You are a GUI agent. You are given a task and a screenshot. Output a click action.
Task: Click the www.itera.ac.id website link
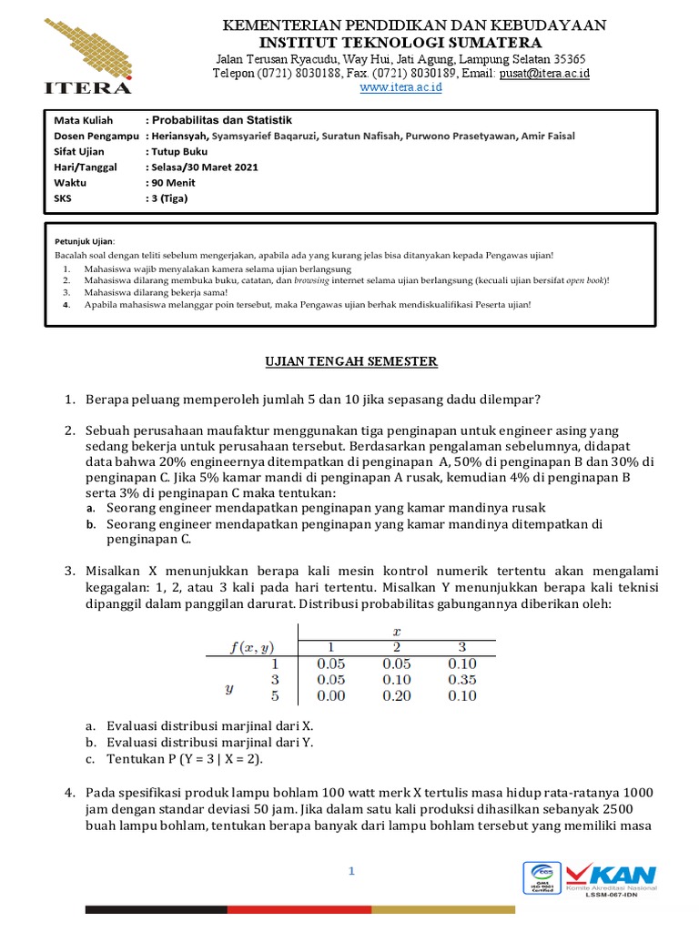(400, 87)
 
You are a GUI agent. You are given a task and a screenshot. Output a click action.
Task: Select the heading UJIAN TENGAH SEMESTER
(349, 361)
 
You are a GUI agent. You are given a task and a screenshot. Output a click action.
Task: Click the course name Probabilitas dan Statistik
(222, 119)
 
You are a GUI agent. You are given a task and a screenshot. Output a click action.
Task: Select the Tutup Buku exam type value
(180, 151)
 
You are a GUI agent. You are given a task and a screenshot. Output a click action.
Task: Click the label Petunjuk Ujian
(85, 240)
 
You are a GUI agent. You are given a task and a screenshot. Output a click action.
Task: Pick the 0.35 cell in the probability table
(463, 680)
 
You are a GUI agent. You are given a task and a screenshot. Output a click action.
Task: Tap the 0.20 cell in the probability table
(397, 696)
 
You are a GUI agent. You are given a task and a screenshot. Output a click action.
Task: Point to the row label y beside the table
(229, 689)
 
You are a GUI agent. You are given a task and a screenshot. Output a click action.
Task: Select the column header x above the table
(396, 630)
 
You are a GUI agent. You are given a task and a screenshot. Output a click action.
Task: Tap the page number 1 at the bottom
(350, 872)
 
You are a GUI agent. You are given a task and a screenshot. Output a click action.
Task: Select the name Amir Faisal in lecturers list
(547, 136)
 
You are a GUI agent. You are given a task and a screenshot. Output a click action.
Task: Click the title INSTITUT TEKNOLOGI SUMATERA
(400, 43)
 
